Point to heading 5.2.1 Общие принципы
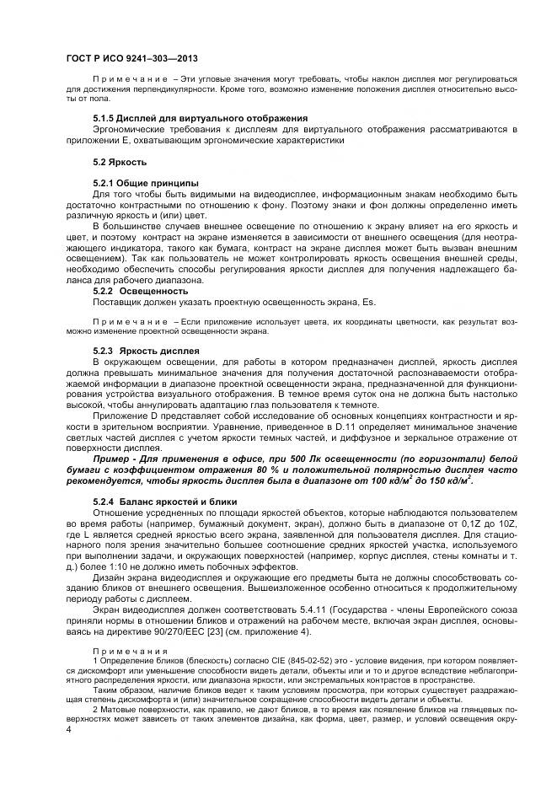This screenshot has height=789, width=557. pyautogui.click(x=145, y=183)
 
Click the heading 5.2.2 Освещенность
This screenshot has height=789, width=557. pyautogui.click(x=140, y=291)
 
